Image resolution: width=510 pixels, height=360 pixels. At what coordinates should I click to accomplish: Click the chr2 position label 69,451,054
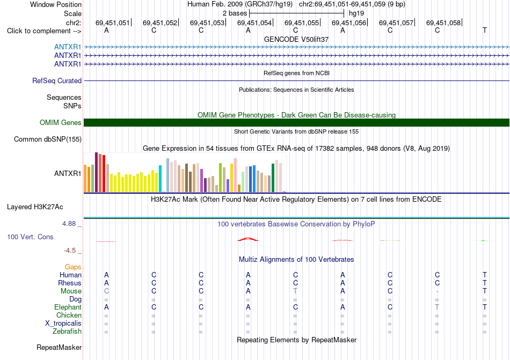tap(254, 23)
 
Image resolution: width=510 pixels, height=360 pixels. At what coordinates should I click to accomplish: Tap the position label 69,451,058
tap(443, 23)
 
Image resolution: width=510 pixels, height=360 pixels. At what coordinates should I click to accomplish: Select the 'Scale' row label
tap(72, 13)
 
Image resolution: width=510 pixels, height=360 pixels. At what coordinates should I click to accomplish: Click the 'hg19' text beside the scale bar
tap(356, 13)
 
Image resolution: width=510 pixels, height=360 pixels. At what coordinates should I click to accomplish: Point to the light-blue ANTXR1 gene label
tap(68, 47)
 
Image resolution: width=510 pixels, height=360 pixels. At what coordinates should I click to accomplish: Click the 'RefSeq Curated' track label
tap(57, 80)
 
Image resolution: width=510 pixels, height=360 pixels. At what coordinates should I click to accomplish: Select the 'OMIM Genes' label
tap(61, 122)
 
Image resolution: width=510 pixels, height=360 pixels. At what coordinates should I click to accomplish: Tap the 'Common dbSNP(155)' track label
tap(48, 139)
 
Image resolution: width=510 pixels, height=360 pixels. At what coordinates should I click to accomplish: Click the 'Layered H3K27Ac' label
tap(35, 207)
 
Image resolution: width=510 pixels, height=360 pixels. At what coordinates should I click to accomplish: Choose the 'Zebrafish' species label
tap(67, 332)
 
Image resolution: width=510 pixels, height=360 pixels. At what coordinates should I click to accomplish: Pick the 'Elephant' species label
tap(68, 307)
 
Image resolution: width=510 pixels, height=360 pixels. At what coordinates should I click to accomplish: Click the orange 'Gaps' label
tap(73, 267)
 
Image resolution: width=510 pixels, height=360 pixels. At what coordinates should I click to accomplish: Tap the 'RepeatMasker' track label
tap(59, 347)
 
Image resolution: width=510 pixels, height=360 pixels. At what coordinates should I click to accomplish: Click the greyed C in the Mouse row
tap(106, 291)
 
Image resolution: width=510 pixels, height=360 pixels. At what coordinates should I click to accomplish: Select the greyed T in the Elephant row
tap(437, 307)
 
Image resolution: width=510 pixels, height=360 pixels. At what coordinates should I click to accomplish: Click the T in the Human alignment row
tap(485, 275)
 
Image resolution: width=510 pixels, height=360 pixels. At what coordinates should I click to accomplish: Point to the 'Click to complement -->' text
tap(44, 31)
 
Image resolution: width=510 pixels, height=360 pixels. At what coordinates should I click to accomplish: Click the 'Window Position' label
tap(56, 4)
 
